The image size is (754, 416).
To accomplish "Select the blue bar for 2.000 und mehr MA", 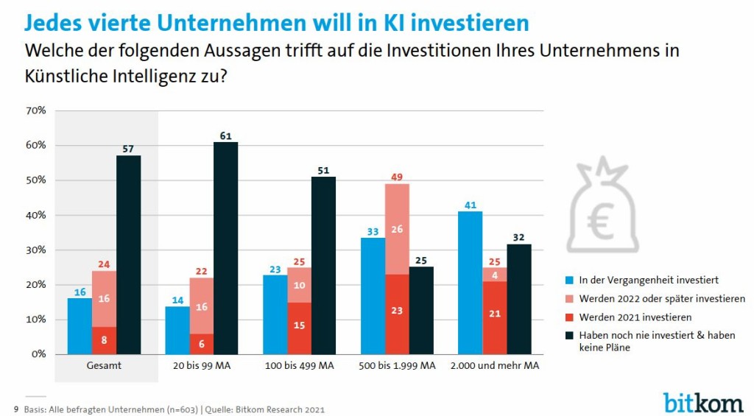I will click(x=471, y=283).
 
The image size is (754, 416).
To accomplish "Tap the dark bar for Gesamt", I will click(x=128, y=255).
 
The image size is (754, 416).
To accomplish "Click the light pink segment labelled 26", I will click(x=397, y=229).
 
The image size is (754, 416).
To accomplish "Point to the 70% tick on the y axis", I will click(x=36, y=110).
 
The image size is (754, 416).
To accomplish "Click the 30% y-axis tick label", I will click(x=36, y=250).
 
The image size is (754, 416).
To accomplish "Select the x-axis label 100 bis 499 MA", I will click(x=300, y=366).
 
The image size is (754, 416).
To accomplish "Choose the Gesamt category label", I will click(x=104, y=366).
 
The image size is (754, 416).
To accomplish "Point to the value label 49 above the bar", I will click(x=397, y=177).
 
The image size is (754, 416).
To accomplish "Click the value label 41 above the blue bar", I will click(x=471, y=205).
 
